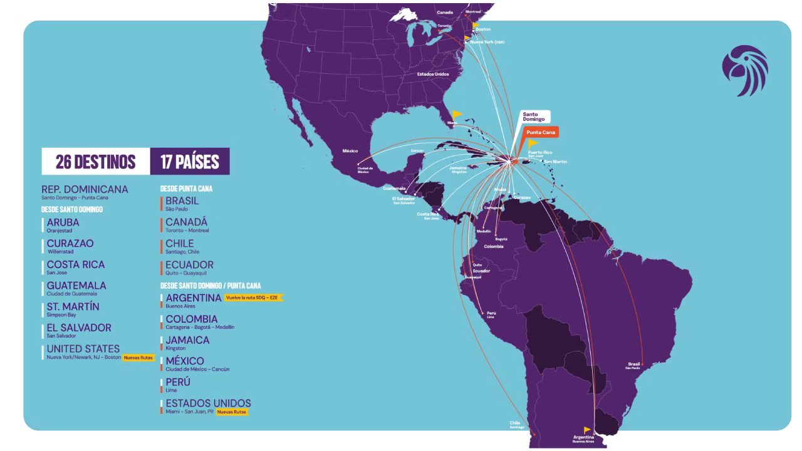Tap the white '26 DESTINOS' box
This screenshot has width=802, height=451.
95,162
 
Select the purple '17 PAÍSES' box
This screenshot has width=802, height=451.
190,162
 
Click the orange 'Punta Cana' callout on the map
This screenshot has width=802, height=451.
541,133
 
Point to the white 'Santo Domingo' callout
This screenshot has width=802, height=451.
534,117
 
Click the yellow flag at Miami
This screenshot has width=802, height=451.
457,114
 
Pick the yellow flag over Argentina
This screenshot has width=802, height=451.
587,430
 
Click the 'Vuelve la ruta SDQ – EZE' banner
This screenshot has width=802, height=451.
254,298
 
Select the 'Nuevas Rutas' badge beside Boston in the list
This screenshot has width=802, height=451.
138,358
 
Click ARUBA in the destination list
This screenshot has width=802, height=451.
63,222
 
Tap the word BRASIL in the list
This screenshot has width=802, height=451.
182,201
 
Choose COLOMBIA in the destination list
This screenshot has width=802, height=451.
192,319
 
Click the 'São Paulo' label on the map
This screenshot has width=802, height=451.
633,368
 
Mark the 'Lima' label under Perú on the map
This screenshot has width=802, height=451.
490,318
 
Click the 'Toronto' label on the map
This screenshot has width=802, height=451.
444,26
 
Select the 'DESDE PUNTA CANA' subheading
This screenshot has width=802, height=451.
186,189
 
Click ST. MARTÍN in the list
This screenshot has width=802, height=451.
73,306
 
